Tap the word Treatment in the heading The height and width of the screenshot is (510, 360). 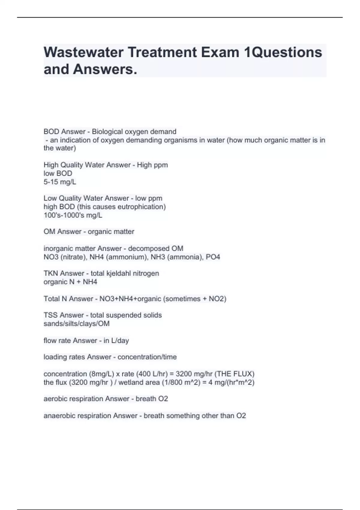pyautogui.click(x=162, y=52)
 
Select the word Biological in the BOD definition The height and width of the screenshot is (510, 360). pyautogui.click(x=107, y=132)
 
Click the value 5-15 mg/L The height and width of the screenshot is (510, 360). pyautogui.click(x=60, y=182)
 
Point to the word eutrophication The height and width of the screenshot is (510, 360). pyautogui.click(x=142, y=207)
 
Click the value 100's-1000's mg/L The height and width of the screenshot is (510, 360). pyautogui.click(x=73, y=215)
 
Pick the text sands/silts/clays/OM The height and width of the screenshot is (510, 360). pyautogui.click(x=76, y=323)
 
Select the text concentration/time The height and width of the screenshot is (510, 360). pyautogui.click(x=147, y=357)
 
